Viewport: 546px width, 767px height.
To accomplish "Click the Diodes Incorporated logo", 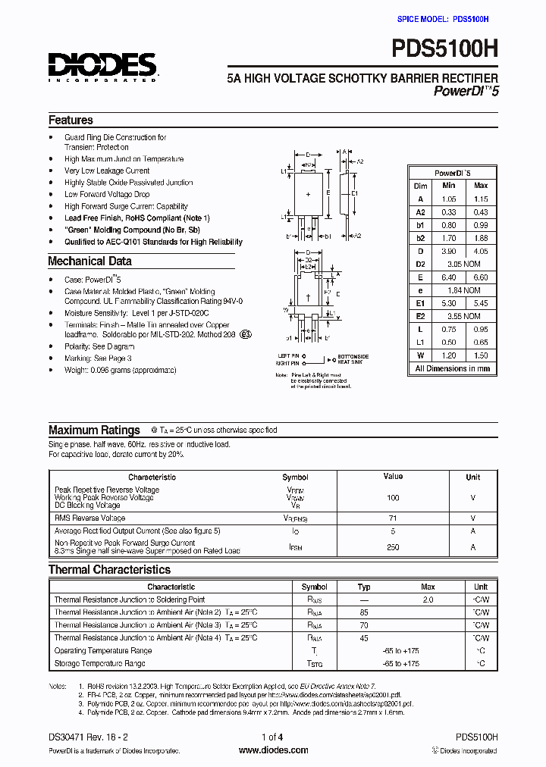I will coord(102,67).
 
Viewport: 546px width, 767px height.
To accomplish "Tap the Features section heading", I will coord(71,121).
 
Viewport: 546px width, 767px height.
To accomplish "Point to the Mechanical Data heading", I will coord(89,261).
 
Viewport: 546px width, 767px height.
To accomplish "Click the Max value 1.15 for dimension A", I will coord(481,199).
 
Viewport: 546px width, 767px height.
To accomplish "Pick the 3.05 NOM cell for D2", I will coord(463,264).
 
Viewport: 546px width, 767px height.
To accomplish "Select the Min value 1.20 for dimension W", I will coord(448,355).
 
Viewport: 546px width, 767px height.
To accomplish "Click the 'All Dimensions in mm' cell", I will coord(452,369).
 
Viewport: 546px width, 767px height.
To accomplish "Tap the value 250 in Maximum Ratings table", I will coord(393,546).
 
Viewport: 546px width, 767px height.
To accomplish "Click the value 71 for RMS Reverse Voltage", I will coord(393,518).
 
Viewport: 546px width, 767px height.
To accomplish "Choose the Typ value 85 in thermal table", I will coord(364,612).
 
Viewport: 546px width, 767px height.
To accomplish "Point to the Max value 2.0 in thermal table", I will coord(428,600).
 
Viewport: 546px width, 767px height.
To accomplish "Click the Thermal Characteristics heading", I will coord(109,570).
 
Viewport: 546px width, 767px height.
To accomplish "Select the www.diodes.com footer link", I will coord(273,750).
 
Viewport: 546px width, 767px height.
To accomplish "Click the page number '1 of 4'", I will coord(272,737).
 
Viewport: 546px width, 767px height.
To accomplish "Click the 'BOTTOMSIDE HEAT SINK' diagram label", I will coord(353,358).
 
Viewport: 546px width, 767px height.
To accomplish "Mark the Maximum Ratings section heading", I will coord(94,430).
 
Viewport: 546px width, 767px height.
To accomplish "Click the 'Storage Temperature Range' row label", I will coord(99,664).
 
